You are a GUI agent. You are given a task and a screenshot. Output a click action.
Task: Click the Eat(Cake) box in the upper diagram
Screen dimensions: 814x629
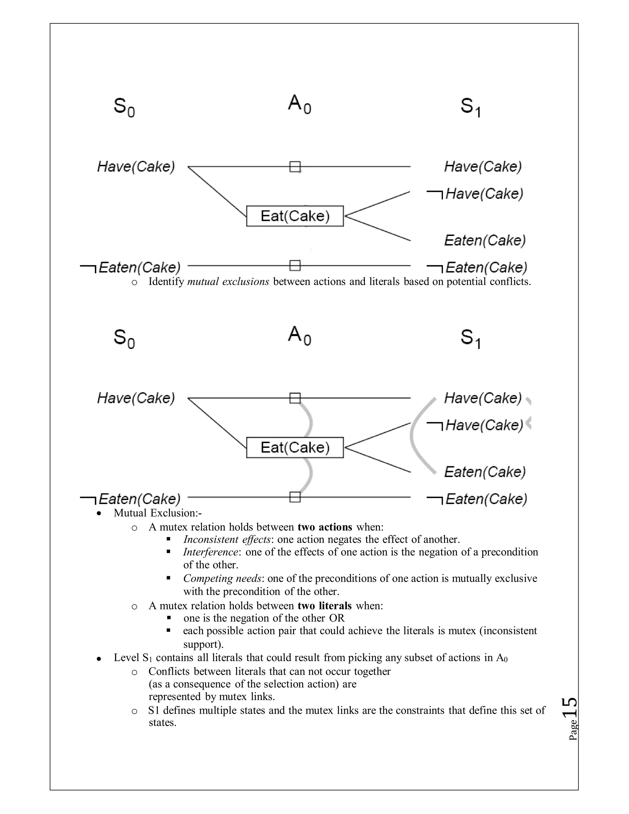pyautogui.click(x=295, y=216)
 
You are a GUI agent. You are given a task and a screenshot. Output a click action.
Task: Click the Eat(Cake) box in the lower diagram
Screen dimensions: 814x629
pyautogui.click(x=295, y=447)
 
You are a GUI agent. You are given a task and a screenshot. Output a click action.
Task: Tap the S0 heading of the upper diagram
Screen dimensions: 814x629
pyautogui.click(x=124, y=107)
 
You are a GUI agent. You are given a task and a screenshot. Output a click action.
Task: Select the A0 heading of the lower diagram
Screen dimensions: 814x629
pyautogui.click(x=299, y=335)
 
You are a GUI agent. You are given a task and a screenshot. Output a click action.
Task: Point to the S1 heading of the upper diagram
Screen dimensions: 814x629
pyautogui.click(x=470, y=107)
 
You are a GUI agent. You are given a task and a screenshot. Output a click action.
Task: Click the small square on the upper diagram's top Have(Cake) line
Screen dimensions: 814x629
pyautogui.click(x=295, y=166)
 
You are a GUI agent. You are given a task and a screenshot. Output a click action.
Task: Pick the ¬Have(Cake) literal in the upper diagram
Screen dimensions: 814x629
pyautogui.click(x=475, y=194)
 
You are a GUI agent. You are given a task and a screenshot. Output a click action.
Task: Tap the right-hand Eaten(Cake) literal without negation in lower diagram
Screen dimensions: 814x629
pyautogui.click(x=485, y=472)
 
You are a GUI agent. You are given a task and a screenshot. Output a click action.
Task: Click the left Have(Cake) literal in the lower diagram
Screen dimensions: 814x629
pyautogui.click(x=136, y=398)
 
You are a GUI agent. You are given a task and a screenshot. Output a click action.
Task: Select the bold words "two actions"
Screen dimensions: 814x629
pyautogui.click(x=325, y=527)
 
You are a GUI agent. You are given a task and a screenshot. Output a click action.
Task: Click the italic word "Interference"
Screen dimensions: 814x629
pyautogui.click(x=210, y=552)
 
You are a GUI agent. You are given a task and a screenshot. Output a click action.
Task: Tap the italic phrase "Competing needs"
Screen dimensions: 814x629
pyautogui.click(x=222, y=578)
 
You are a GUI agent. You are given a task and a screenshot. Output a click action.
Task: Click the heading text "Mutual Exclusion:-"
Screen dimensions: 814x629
pyautogui.click(x=158, y=513)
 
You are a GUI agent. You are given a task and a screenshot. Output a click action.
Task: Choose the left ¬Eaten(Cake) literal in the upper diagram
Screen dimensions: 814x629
pyautogui.click(x=131, y=268)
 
